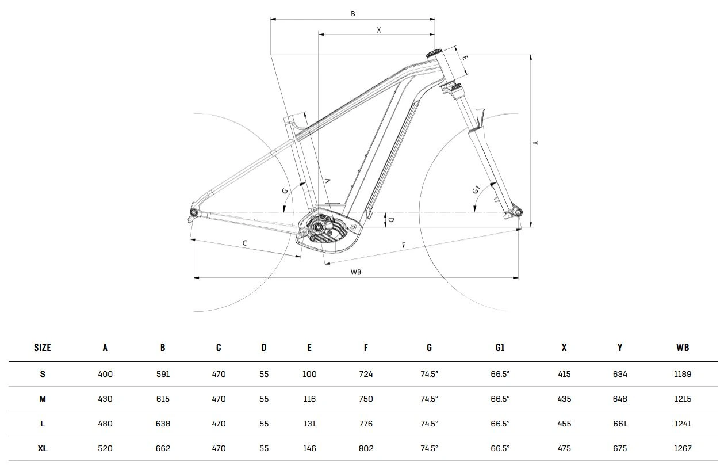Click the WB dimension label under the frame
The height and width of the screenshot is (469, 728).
(356, 272)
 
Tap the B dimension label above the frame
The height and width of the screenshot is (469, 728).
(353, 14)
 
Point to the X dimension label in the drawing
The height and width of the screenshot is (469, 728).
(378, 30)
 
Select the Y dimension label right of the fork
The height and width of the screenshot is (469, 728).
(535, 143)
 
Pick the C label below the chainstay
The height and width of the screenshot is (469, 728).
(245, 243)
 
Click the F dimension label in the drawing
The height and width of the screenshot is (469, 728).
(404, 245)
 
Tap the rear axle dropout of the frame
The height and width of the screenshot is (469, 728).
(194, 213)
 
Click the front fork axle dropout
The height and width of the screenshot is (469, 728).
(518, 212)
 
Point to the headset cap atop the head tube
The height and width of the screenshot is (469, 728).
(434, 54)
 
